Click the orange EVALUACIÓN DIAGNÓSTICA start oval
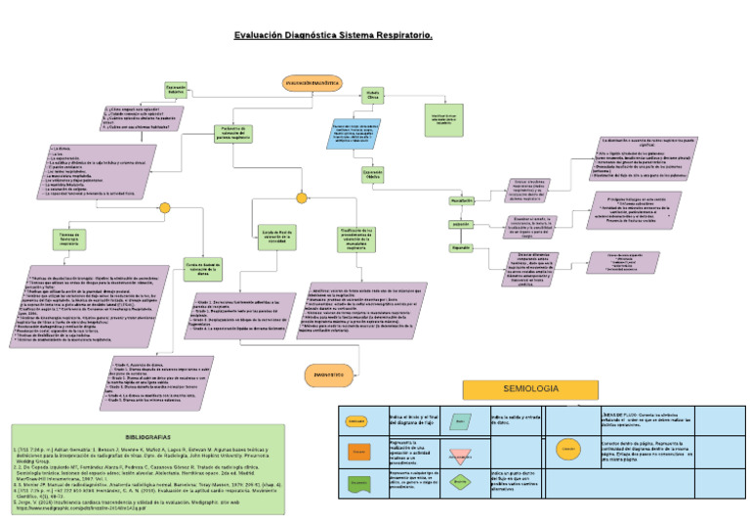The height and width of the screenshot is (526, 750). click(312, 84)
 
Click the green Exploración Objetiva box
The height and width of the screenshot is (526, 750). click(373, 173)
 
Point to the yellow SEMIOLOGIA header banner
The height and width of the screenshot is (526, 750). click(517, 388)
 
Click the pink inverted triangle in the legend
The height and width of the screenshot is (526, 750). click(459, 454)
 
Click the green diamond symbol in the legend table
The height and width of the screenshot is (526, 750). click(459, 481)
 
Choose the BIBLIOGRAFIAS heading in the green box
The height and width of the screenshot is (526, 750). click(148, 435)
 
